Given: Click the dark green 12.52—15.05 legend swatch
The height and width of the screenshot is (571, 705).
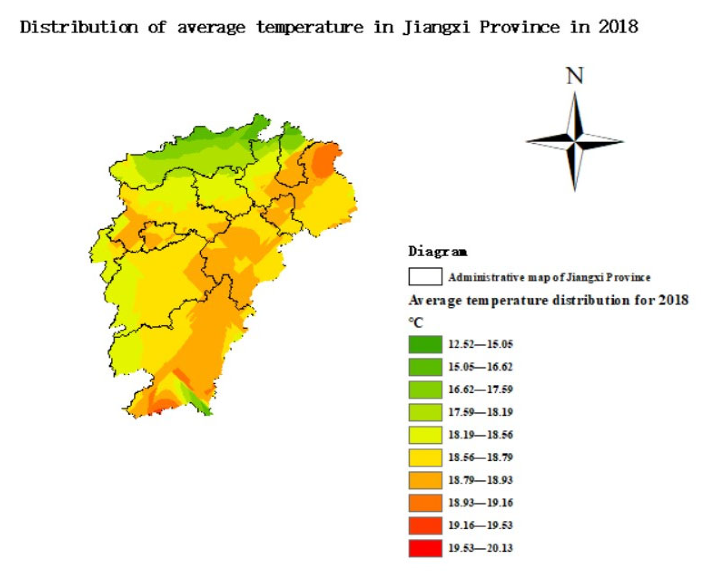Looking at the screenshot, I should pyautogui.click(x=425, y=344).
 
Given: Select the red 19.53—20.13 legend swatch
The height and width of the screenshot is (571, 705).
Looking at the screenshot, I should pyautogui.click(x=425, y=548).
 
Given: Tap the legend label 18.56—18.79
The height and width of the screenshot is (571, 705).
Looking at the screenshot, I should pyautogui.click(x=480, y=458).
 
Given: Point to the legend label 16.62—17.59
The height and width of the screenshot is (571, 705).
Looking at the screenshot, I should pyautogui.click(x=480, y=390).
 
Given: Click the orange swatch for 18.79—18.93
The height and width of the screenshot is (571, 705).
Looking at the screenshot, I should pyautogui.click(x=425, y=480).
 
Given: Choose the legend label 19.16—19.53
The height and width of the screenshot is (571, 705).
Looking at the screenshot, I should pyautogui.click(x=480, y=526).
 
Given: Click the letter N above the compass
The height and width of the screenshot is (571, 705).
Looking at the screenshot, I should pyautogui.click(x=575, y=77).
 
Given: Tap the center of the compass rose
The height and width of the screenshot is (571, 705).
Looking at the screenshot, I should pyautogui.click(x=575, y=141).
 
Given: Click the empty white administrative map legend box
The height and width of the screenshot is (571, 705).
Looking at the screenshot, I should pyautogui.click(x=425, y=276).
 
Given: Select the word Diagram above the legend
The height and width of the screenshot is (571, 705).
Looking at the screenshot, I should pyautogui.click(x=437, y=251).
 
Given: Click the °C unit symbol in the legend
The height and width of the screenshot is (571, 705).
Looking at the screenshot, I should pyautogui.click(x=415, y=323).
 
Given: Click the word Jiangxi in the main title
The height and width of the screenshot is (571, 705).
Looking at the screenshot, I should pyautogui.click(x=436, y=27).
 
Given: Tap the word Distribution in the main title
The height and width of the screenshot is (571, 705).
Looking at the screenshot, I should pyautogui.click(x=79, y=27).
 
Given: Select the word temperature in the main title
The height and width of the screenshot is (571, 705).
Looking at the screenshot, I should pyautogui.click(x=309, y=27).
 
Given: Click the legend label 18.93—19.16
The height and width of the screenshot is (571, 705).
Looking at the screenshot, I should pyautogui.click(x=480, y=503).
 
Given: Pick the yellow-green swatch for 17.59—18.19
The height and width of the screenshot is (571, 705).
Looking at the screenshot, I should pyautogui.click(x=425, y=412).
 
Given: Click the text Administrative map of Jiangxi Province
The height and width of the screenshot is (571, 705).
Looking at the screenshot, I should pyautogui.click(x=549, y=277).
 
